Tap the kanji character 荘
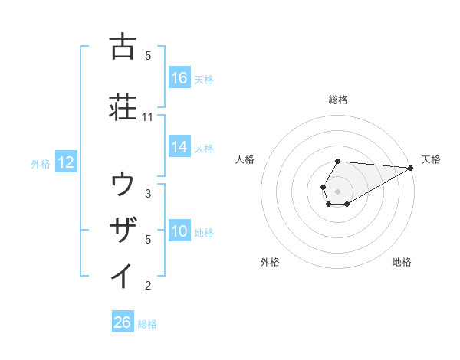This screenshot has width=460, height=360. (123, 106)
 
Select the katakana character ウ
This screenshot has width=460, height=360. (123, 185)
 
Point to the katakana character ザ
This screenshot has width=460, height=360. (123, 229)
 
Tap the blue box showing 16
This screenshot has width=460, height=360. (179, 78)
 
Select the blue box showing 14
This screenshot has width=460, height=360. (179, 147)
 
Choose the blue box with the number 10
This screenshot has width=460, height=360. (179, 231)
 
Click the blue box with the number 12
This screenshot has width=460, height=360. (66, 162)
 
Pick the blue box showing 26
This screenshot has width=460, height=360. (123, 323)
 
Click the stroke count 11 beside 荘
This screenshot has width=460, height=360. (148, 117)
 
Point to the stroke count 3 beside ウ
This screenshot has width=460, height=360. (148, 194)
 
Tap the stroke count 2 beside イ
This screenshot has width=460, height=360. (148, 286)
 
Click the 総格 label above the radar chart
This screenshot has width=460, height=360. (338, 100)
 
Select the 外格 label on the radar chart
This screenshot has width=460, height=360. (270, 262)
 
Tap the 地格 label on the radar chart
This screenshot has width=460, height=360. (402, 262)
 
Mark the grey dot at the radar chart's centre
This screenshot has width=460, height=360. (338, 191)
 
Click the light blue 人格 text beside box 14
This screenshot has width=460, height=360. (204, 148)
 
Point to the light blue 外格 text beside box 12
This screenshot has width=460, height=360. (41, 163)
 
